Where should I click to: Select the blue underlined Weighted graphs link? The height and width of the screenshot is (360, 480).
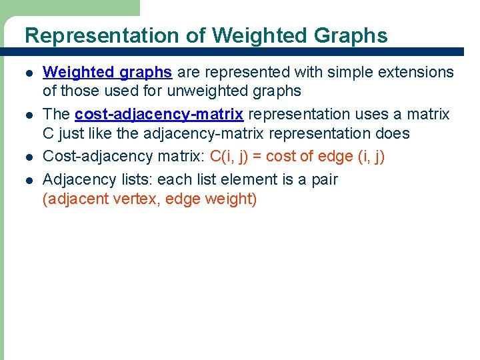click(107, 72)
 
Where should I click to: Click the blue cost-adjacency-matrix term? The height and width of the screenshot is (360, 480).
click(159, 114)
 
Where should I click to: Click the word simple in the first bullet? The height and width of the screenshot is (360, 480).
click(335, 72)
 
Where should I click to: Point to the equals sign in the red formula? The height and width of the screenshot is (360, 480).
click(257, 157)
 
